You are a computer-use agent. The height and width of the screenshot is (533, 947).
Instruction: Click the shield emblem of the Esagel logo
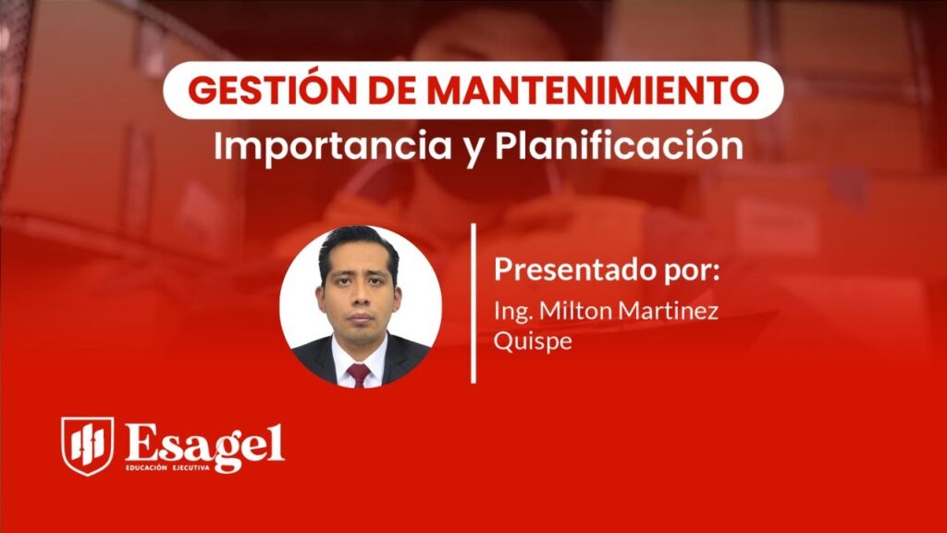87,445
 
